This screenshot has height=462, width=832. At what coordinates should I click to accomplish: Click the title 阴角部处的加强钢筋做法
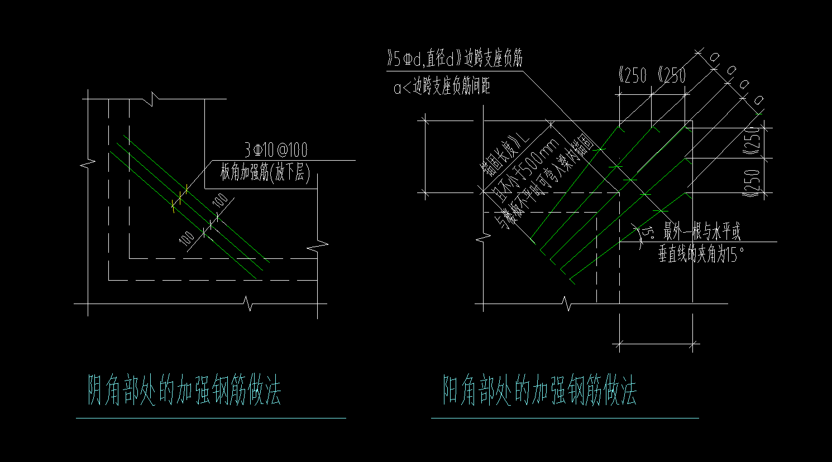click(x=185, y=391)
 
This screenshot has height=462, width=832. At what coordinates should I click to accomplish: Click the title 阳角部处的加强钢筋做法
click(x=539, y=391)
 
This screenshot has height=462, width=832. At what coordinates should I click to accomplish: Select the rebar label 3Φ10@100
click(x=275, y=150)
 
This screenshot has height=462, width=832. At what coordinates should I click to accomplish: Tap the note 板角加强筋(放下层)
click(x=265, y=173)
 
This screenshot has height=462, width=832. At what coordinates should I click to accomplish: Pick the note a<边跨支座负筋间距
click(x=442, y=88)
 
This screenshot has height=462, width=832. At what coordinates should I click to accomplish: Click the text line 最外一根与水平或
click(x=701, y=232)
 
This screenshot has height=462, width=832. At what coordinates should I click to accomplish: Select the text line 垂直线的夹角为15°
click(x=701, y=255)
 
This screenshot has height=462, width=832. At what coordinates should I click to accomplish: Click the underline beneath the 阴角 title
click(x=211, y=417)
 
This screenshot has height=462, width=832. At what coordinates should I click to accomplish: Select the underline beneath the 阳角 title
click(x=565, y=417)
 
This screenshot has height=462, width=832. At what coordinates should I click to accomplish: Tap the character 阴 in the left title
click(x=97, y=391)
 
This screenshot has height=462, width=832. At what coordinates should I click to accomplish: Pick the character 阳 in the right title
click(x=452, y=391)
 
